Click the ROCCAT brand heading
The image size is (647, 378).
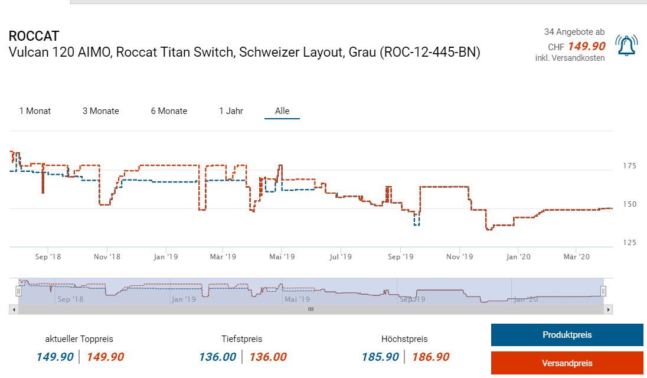point(34,36)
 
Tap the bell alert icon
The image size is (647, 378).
point(626,45)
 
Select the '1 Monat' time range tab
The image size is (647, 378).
point(35,111)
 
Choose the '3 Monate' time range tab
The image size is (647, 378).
point(100,111)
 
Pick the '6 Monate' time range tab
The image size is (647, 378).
point(169,111)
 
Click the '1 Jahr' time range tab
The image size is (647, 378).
point(231,111)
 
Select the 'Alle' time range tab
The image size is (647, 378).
point(282,111)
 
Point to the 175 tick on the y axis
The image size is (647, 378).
point(629,167)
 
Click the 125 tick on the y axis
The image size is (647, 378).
point(629,243)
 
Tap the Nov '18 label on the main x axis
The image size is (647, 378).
point(106,257)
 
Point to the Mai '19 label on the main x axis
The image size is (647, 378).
point(282,257)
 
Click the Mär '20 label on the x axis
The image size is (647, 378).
point(576,257)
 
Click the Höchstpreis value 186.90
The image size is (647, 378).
point(430,357)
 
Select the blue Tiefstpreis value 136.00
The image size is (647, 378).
point(217,357)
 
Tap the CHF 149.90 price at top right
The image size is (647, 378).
point(586,46)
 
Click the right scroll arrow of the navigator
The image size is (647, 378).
point(609,309)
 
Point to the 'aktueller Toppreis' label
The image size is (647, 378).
point(79,339)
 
